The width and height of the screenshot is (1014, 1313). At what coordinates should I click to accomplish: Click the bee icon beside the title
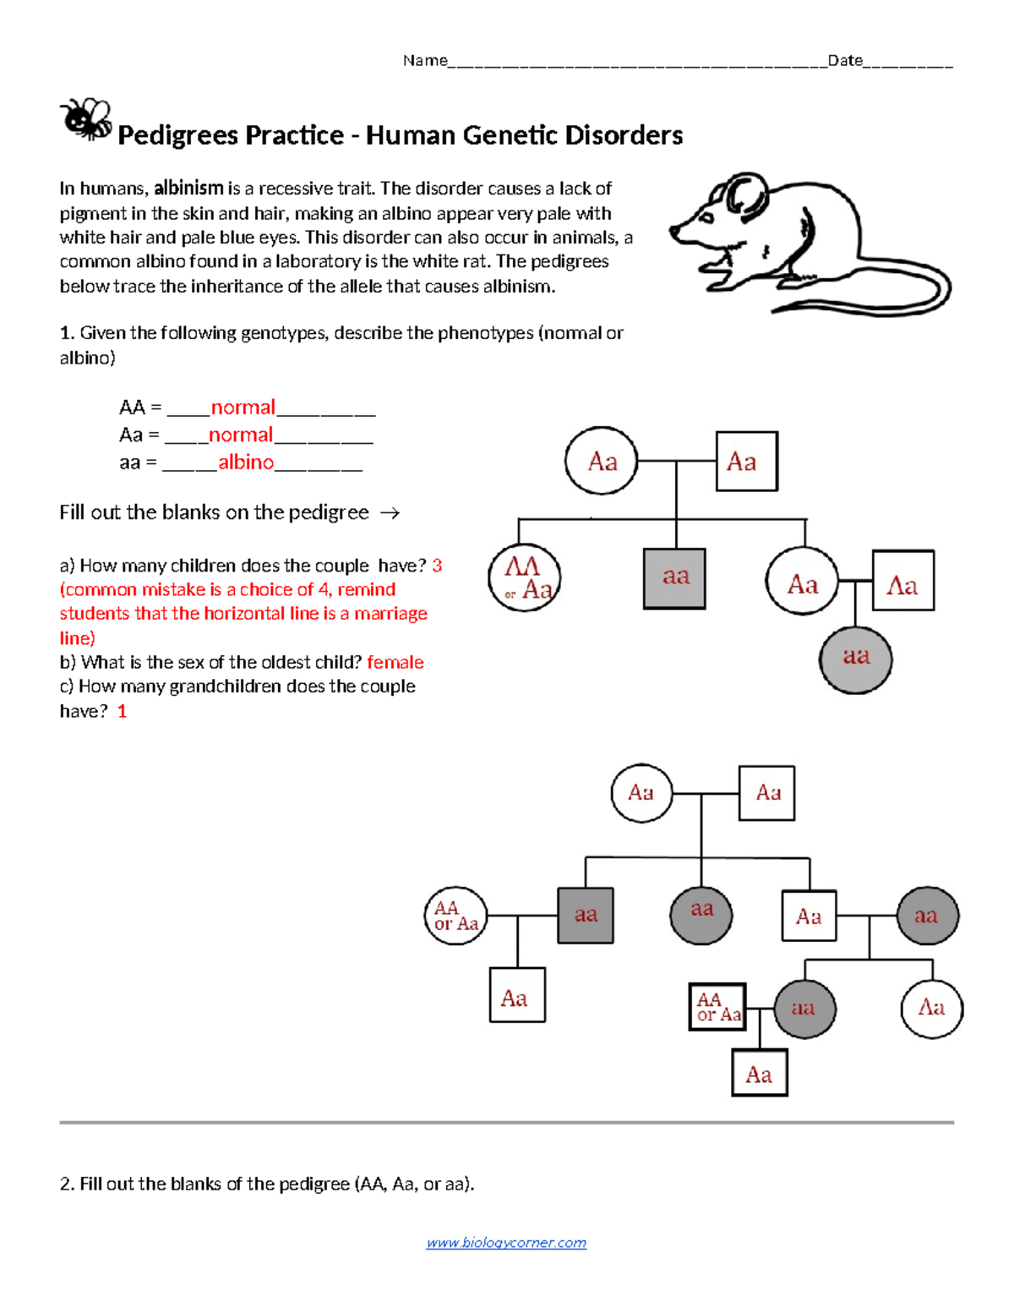pyautogui.click(x=86, y=119)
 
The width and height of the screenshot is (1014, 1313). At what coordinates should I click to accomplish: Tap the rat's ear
pyautogui.click(x=744, y=194)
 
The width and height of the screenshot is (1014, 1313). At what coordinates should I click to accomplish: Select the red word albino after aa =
pyautogui.click(x=246, y=462)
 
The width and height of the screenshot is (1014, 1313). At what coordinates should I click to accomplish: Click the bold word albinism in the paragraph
pyautogui.click(x=188, y=188)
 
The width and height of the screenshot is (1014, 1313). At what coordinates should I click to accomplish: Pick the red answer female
pyautogui.click(x=395, y=662)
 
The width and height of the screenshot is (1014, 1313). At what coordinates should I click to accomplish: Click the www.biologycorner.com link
pyautogui.click(x=506, y=1242)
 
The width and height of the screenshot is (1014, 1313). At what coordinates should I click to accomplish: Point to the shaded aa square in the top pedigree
pyautogui.click(x=675, y=578)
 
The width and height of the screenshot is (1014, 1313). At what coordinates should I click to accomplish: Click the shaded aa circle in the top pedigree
pyautogui.click(x=855, y=659)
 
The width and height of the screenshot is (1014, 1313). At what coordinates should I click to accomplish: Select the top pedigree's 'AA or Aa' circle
pyautogui.click(x=525, y=578)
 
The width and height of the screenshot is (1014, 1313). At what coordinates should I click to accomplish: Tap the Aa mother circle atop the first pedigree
pyautogui.click(x=602, y=461)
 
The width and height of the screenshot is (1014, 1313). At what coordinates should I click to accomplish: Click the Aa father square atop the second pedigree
pyautogui.click(x=766, y=793)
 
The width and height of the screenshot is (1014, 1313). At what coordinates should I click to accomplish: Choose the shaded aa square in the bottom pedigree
pyautogui.click(x=586, y=915)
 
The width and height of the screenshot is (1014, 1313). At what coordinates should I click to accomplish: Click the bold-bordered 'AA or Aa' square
pyautogui.click(x=718, y=1007)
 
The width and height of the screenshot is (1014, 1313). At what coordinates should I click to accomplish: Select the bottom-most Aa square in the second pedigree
pyautogui.click(x=759, y=1074)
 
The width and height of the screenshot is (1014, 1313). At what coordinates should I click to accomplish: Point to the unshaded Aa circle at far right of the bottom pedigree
pyautogui.click(x=931, y=1008)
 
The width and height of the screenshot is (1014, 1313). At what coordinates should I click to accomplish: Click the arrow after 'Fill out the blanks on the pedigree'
pyautogui.click(x=390, y=512)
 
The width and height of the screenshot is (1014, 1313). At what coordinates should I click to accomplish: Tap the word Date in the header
pyautogui.click(x=845, y=60)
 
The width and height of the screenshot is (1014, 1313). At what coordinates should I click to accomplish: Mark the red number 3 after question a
pyautogui.click(x=437, y=566)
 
